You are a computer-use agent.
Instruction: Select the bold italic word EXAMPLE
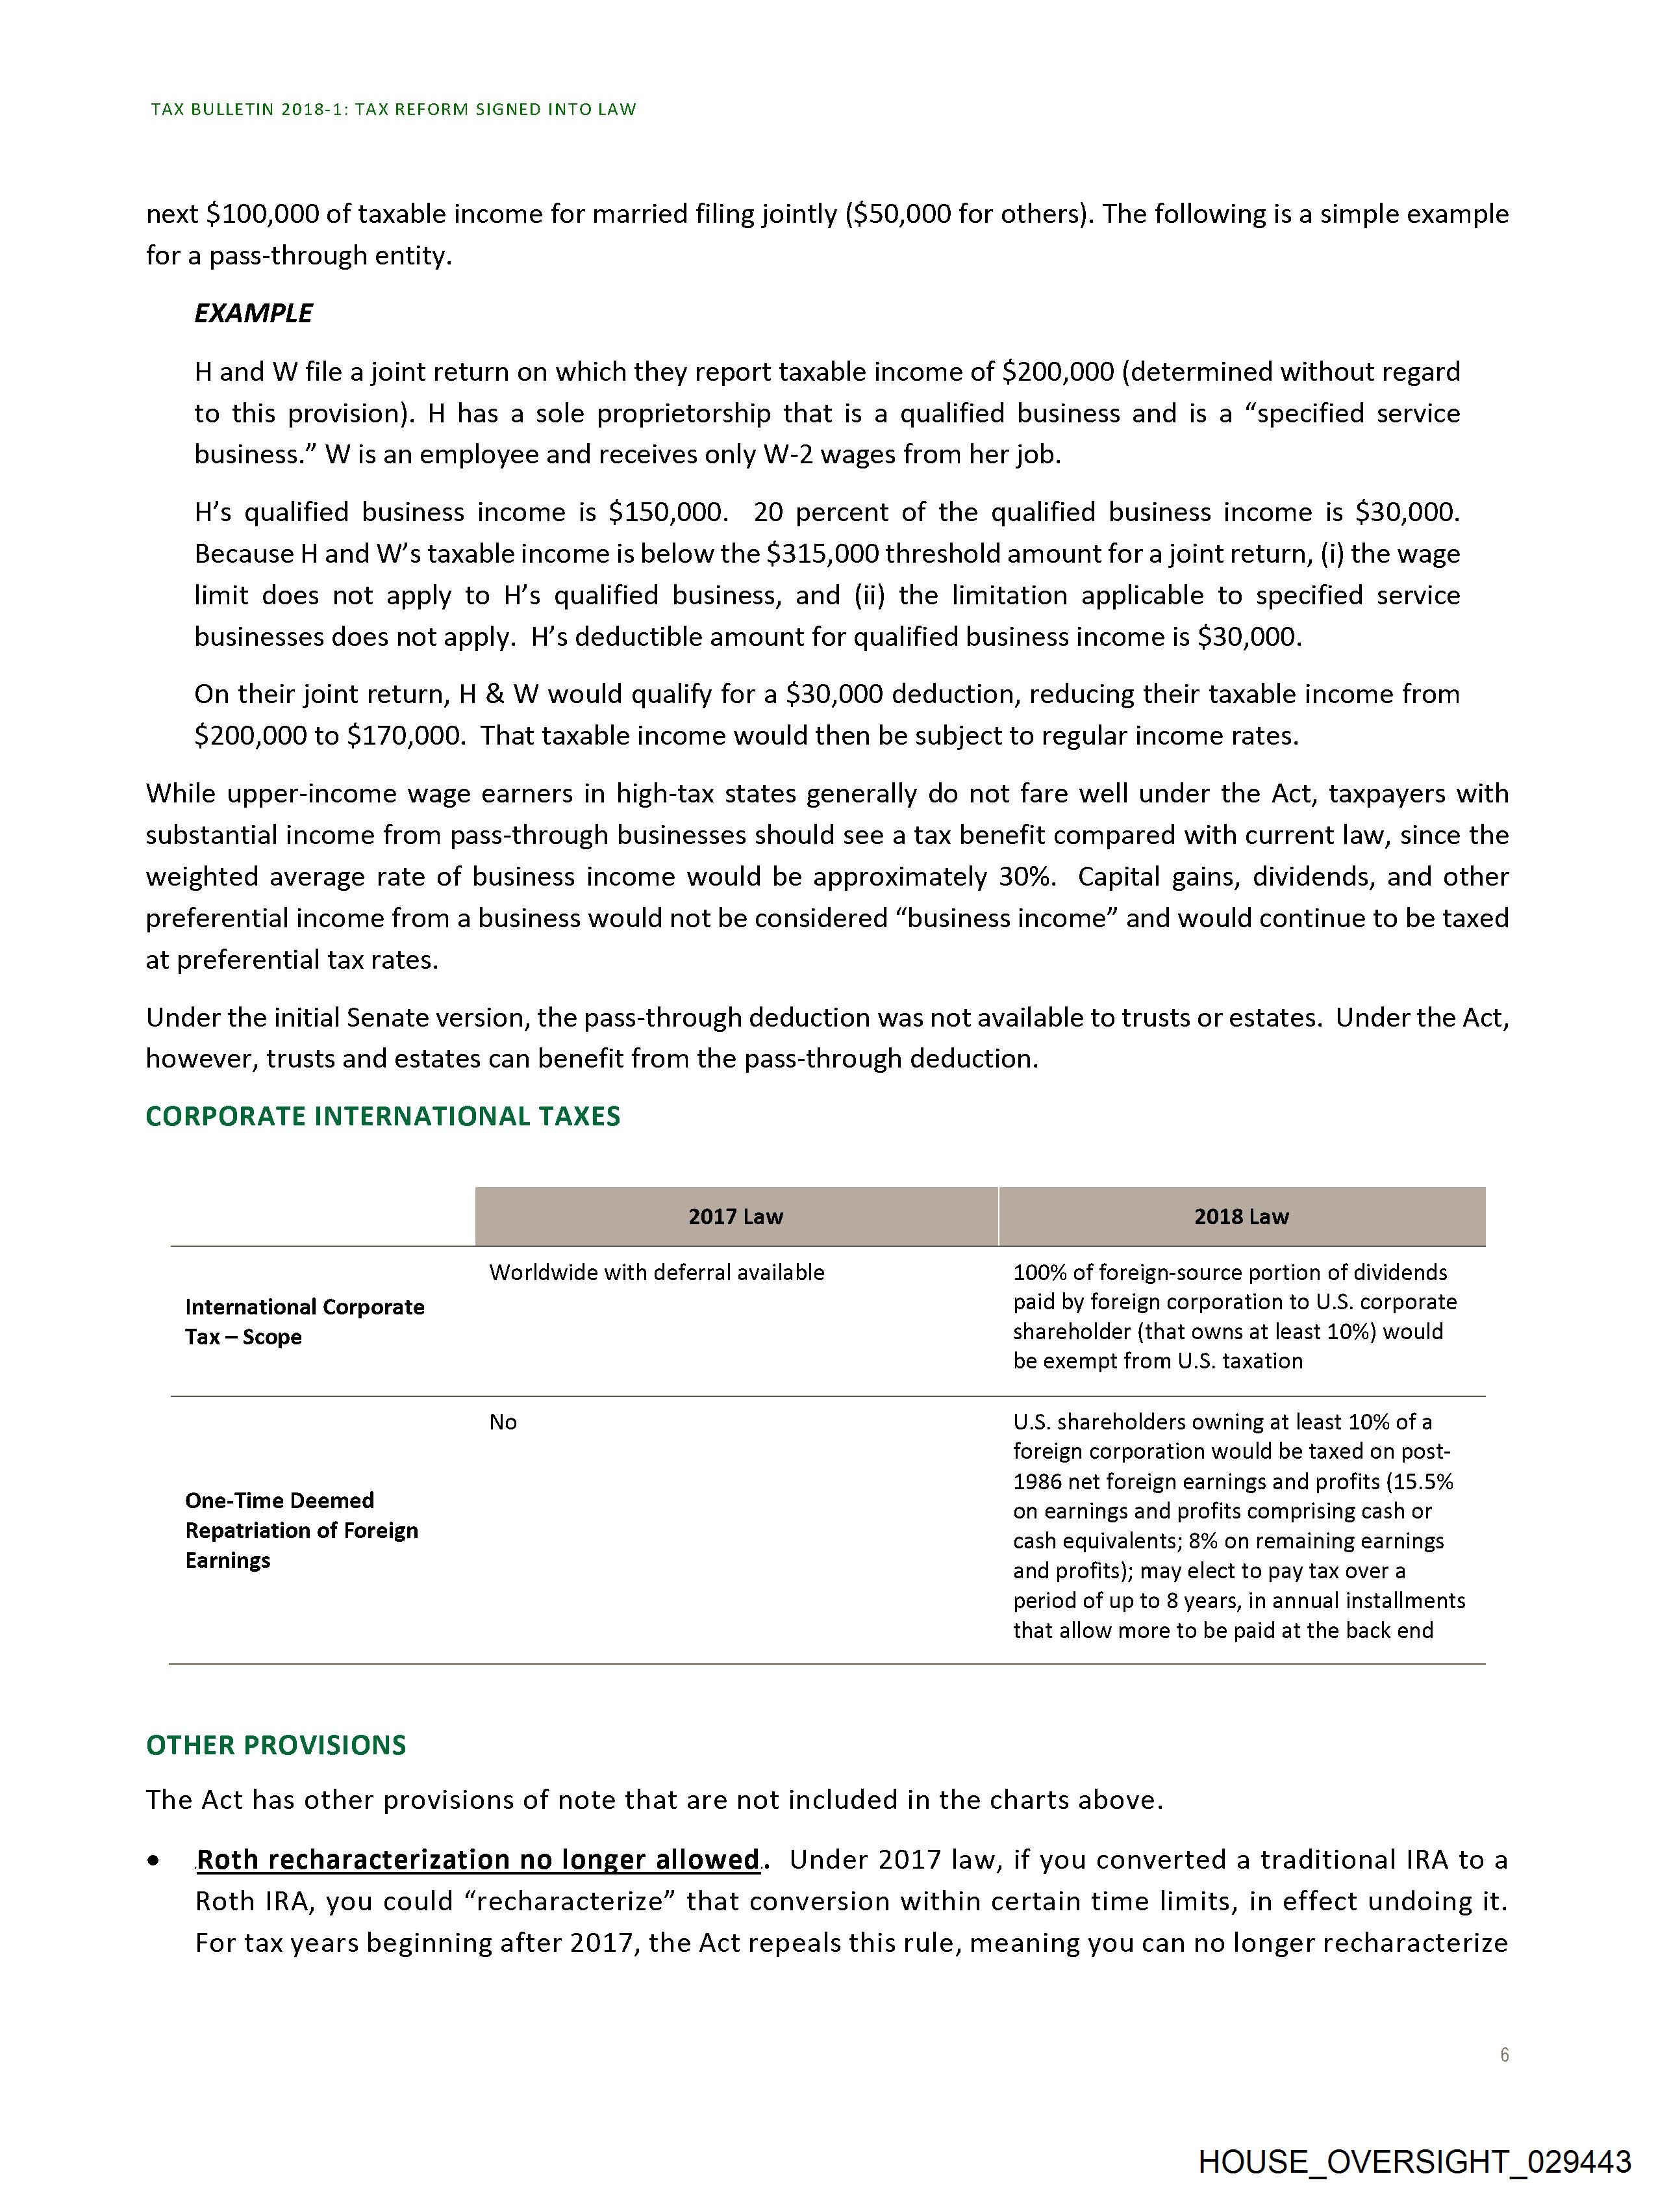(x=253, y=314)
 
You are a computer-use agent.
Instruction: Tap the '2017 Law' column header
(x=735, y=1216)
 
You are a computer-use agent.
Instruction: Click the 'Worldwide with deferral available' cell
(x=656, y=1273)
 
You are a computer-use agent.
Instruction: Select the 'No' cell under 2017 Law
(x=503, y=1422)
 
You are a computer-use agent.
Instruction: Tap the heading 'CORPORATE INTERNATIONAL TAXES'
(x=383, y=1116)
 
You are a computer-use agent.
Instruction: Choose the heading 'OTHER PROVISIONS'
(x=276, y=1745)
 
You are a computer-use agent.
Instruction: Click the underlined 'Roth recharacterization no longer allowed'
(x=478, y=1860)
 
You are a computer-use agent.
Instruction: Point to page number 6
(x=1503, y=2055)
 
